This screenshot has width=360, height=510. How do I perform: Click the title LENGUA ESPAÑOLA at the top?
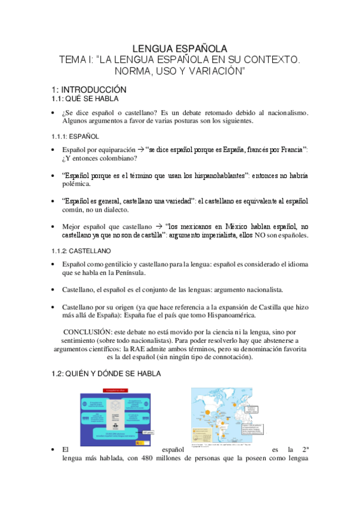click(180, 49)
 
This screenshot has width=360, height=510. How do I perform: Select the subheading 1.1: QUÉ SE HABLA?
click(85, 99)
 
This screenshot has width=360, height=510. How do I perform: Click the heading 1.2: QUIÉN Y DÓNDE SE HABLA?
click(106, 373)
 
